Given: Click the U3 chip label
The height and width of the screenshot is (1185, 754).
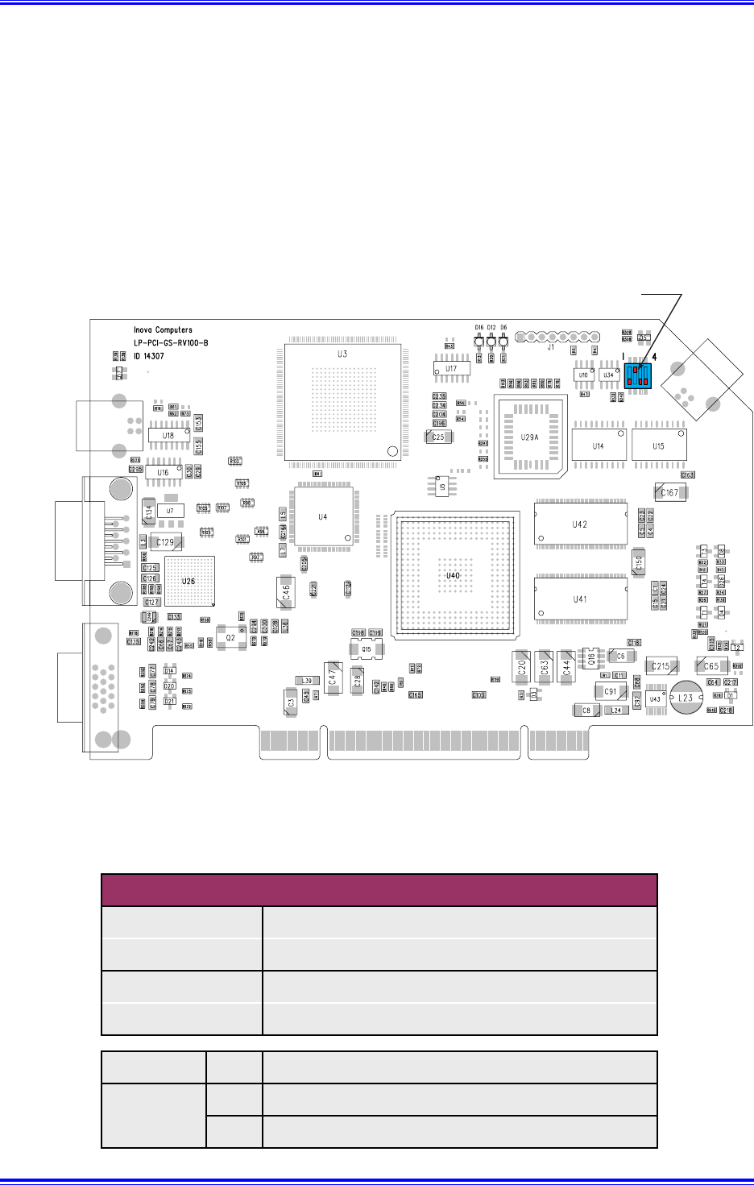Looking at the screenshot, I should (342, 354).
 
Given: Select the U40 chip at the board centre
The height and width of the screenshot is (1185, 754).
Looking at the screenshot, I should (453, 576).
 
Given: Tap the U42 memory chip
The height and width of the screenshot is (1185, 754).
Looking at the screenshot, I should (580, 524).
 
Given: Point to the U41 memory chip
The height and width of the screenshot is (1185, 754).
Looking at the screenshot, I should (580, 599).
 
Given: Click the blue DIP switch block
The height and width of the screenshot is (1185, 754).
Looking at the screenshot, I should (638, 377).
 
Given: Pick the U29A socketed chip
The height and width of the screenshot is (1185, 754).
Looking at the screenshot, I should (529, 437).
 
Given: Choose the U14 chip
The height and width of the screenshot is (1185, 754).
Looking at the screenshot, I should (599, 445).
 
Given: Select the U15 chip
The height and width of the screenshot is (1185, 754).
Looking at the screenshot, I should (659, 445).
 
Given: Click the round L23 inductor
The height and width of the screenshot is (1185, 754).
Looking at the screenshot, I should (685, 698).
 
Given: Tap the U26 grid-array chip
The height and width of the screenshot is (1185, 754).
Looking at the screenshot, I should (189, 581).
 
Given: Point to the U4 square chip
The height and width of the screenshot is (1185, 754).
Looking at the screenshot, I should (323, 516).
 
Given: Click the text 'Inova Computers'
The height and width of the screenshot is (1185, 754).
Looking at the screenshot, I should (163, 329).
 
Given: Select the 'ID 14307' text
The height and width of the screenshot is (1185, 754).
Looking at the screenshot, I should (149, 355).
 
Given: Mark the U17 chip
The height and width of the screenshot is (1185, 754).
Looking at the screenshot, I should (452, 369).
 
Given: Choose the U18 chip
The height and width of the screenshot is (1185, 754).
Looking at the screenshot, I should (168, 435).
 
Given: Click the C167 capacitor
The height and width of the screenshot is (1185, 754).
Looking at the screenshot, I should (669, 492).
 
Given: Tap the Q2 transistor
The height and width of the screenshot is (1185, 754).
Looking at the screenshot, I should (231, 637).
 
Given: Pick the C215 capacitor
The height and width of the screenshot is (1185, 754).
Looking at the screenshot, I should (661, 666).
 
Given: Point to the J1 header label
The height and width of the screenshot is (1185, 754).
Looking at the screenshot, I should (551, 348).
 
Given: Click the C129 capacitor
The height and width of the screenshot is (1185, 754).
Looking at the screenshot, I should (165, 542).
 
